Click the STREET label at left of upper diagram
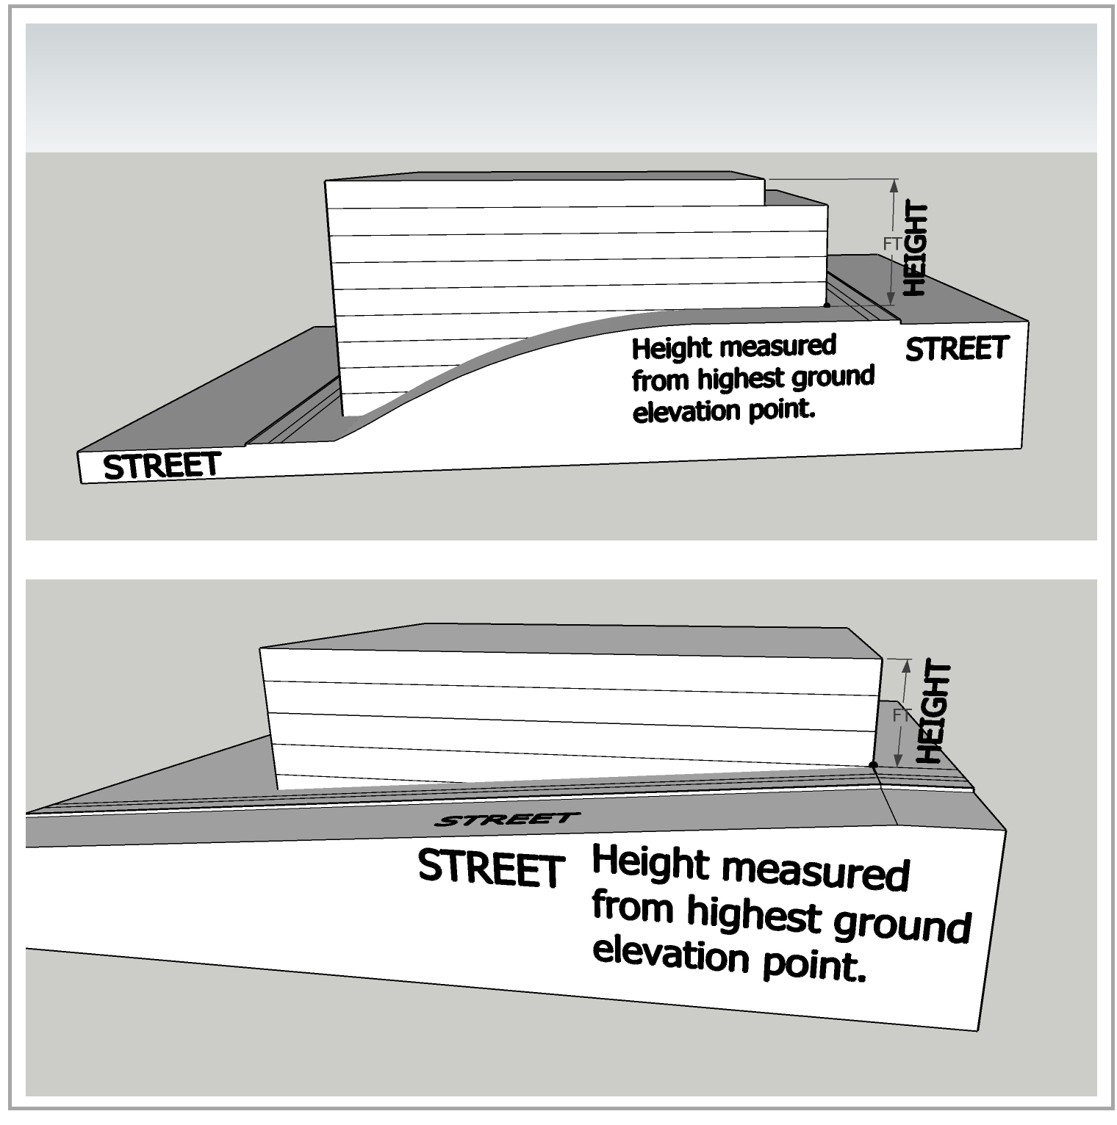pos(162,466)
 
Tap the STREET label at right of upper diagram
pos(957,349)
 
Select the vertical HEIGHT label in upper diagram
pos(916,250)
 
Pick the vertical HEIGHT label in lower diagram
pos(935,712)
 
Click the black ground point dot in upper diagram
pos(827,304)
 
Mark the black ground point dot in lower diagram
pos(874,765)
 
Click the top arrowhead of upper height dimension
pos(894,185)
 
